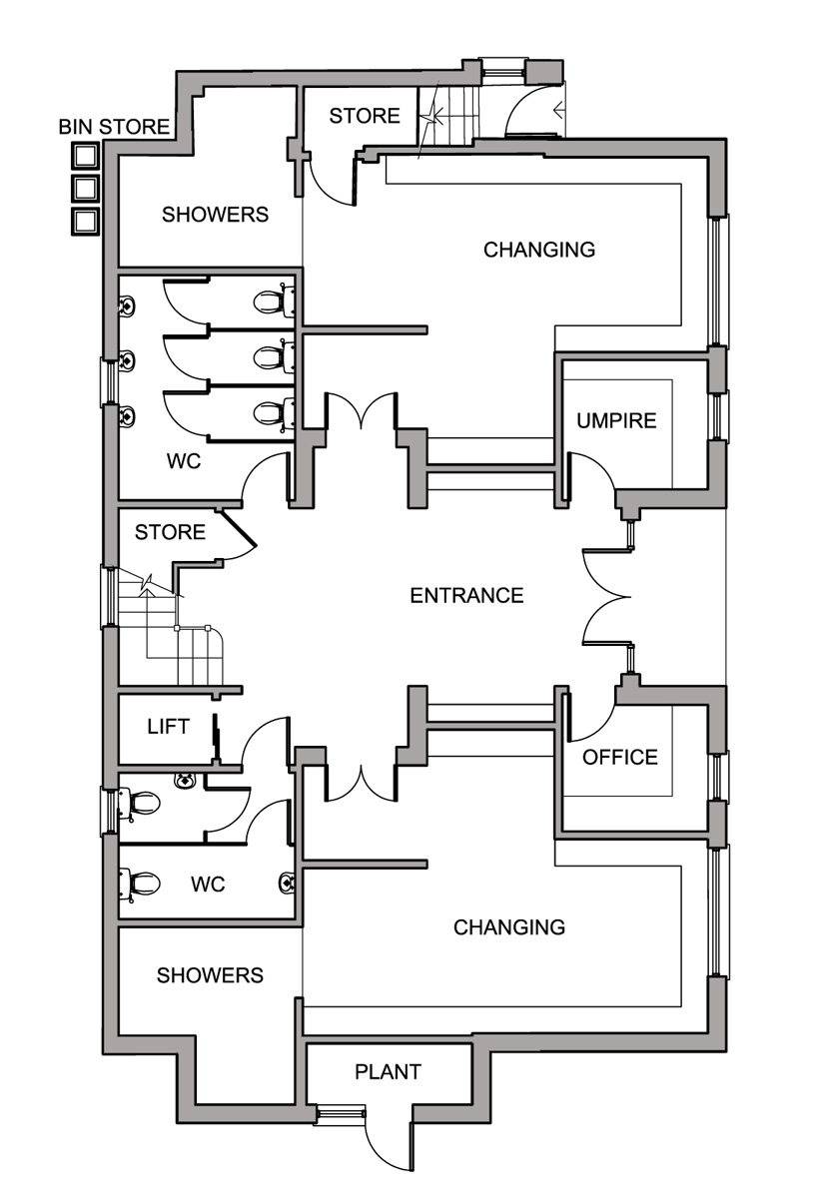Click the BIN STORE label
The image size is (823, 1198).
pos(114,127)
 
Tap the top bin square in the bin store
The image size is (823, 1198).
pos(86,156)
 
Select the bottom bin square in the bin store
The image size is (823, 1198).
pos(86,221)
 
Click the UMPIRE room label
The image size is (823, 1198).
pos(616,421)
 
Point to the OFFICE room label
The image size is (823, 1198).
pos(620,758)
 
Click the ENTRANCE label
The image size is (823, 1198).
pos(466,596)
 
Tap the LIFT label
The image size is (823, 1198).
pos(168,727)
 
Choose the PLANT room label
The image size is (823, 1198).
pos(388,1072)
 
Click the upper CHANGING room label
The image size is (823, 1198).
pos(539,250)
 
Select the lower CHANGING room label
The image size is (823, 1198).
pos(509,927)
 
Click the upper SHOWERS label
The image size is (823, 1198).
pos(215,215)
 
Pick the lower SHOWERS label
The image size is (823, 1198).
pos(210,975)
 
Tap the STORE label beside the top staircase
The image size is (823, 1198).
pos(365,116)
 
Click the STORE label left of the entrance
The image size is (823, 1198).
pos(170,532)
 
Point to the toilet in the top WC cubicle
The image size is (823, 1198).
pos(274,301)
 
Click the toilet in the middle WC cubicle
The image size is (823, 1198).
pos(274,357)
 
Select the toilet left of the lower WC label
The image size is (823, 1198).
pos(139,884)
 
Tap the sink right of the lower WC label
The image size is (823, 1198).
pos(287,883)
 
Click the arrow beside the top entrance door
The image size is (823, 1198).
pos(559,111)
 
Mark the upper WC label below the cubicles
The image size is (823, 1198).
pos(184,461)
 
